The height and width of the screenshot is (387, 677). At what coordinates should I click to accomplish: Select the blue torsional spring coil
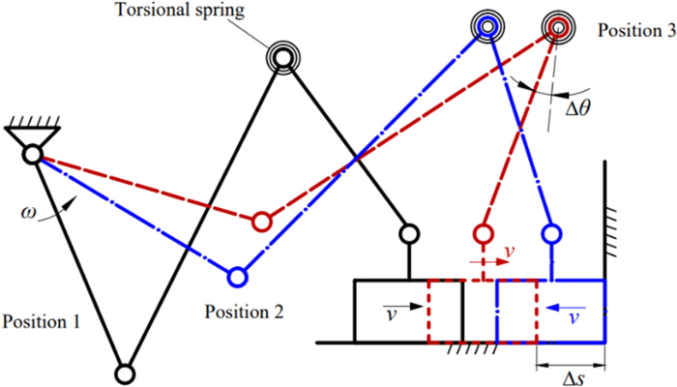pos(487,26)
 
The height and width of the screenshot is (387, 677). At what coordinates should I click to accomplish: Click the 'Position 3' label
pos(631,30)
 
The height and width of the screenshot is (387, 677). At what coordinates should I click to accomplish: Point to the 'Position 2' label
pos(246,313)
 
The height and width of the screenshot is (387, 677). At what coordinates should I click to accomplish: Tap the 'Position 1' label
pos(44,319)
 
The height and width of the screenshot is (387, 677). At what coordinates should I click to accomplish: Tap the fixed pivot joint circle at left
pos(33,154)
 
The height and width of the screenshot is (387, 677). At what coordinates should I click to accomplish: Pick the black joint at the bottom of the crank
pos(124,372)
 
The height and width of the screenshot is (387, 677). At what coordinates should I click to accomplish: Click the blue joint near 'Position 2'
pos(237,278)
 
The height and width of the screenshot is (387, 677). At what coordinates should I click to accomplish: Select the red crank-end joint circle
pos(260,222)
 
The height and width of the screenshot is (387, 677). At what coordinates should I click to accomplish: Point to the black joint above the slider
pos(409,233)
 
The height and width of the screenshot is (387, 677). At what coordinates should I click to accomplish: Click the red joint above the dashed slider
pos(483,233)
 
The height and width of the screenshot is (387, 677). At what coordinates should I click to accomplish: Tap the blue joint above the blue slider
pos(552,233)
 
